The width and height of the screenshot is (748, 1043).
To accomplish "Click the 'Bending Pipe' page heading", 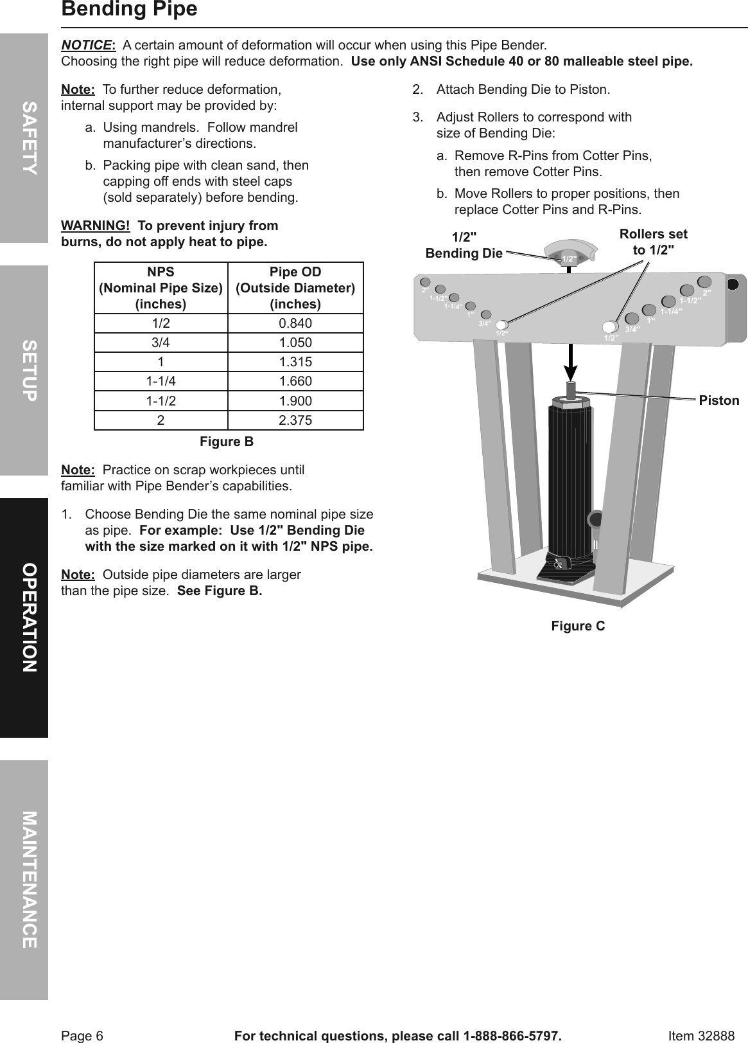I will click(129, 10).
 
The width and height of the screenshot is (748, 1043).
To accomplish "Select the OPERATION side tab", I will click(24, 618).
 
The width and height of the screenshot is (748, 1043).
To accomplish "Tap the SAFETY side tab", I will click(24, 138).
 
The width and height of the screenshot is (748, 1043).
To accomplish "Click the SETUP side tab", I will click(24, 370).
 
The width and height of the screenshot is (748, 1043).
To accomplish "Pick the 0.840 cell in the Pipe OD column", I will click(295, 323).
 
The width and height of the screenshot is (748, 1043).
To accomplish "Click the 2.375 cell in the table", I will click(295, 420).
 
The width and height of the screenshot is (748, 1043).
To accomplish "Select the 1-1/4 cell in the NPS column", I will click(161, 382).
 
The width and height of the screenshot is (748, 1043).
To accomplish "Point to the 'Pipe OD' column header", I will click(295, 287).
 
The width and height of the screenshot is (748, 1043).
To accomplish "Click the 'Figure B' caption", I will click(227, 442).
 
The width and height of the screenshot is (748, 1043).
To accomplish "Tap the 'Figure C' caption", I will click(578, 626).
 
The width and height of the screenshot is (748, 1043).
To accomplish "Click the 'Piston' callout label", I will click(719, 401).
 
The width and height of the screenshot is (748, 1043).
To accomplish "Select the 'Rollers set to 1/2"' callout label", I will click(653, 242).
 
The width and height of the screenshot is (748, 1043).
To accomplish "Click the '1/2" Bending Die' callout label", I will click(464, 245).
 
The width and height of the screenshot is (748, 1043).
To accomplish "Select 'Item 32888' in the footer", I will click(701, 1036).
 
